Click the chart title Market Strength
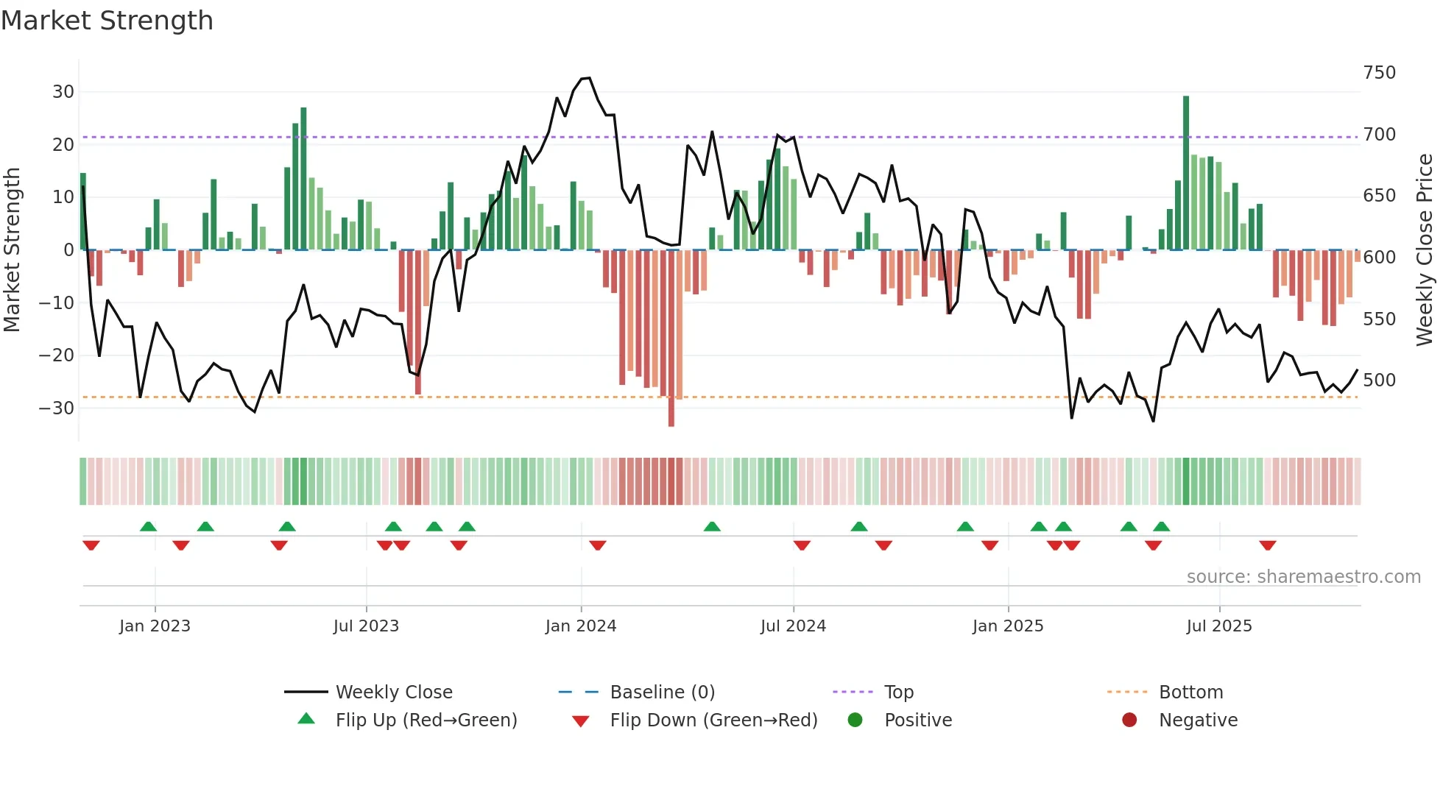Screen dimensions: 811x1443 click(x=107, y=21)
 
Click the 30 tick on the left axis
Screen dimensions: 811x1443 click(x=63, y=92)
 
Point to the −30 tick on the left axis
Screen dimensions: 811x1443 click(x=57, y=408)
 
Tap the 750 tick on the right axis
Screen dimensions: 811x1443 click(x=1379, y=73)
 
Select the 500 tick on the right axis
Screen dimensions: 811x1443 click(x=1379, y=380)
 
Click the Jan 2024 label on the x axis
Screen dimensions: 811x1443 click(x=580, y=626)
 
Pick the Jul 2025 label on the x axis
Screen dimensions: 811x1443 click(x=1218, y=626)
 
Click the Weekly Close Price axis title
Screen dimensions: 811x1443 click(x=1424, y=250)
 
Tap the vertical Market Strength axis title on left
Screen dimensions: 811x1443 click(x=12, y=250)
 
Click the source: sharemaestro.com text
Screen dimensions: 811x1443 click(x=1303, y=577)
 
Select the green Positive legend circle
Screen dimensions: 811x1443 click(x=855, y=720)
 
